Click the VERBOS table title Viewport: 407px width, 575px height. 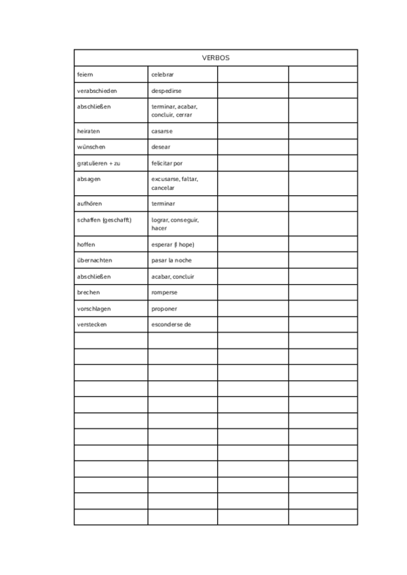coord(216,58)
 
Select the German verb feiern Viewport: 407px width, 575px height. coord(85,74)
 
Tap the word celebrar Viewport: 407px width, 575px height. coord(163,74)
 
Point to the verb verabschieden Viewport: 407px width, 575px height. coord(97,90)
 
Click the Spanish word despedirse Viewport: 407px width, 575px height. coord(166,90)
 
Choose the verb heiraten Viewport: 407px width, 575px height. coord(88,131)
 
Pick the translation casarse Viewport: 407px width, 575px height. coord(162,131)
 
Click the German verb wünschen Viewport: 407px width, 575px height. coord(91,147)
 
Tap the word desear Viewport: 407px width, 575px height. coord(161,147)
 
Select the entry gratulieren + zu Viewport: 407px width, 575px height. coord(98,163)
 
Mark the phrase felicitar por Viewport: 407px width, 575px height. coord(167,163)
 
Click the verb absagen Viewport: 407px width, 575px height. coord(89,179)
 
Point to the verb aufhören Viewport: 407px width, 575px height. coord(90,203)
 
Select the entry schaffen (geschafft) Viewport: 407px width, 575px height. coord(104,220)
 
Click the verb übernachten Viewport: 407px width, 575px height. coord(94,260)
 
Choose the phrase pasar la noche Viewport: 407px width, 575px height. coord(172,260)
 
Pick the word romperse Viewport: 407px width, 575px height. coord(165,292)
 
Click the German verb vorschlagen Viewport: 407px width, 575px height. coord(94,309)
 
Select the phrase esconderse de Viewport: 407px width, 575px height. coord(172,325)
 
